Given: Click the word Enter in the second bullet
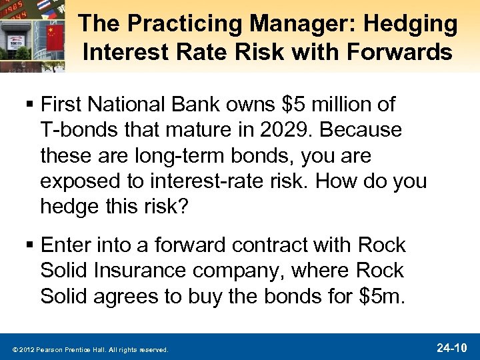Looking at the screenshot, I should [65, 246].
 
